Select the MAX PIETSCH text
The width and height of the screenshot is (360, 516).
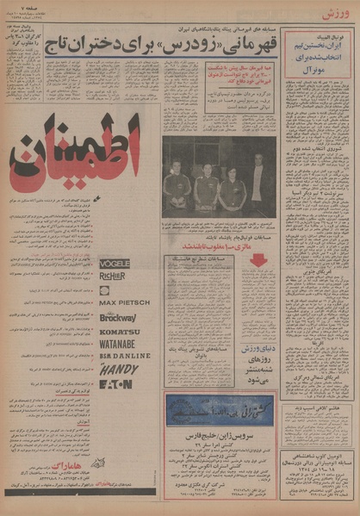125,303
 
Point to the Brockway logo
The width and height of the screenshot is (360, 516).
118,317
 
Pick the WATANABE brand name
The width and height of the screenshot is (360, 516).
122,343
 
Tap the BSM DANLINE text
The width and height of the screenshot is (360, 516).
125,355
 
